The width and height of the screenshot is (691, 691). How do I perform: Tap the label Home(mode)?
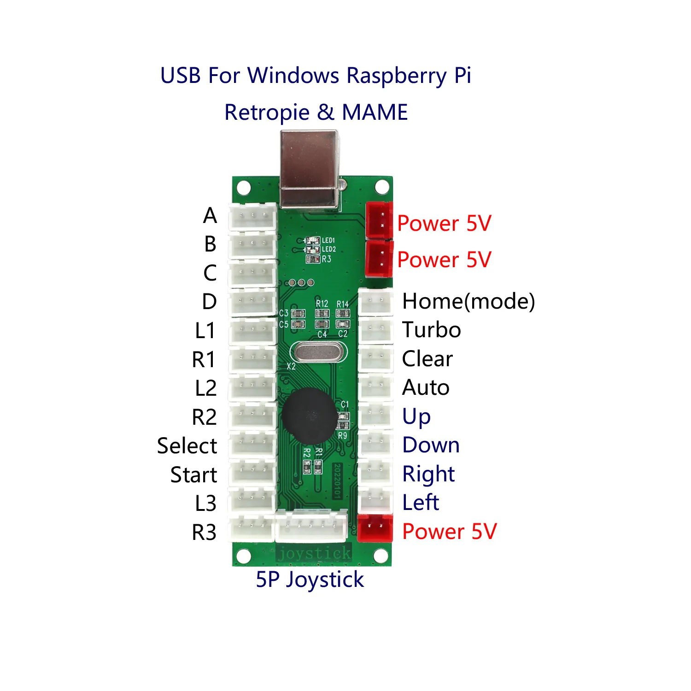point(468,302)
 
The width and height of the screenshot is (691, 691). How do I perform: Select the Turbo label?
point(431,330)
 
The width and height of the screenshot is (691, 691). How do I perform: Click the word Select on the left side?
point(187,446)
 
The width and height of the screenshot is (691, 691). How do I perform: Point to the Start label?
point(193,475)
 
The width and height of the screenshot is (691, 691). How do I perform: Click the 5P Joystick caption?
point(310,580)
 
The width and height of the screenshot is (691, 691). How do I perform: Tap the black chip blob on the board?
point(310,416)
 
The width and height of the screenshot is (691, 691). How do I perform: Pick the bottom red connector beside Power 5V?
point(375,528)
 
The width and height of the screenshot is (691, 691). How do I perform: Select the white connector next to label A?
point(253,217)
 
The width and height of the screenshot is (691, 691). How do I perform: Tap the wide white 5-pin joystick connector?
point(311,526)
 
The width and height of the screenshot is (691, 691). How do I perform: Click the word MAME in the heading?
point(375,112)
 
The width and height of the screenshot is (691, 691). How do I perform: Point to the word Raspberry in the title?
point(397,76)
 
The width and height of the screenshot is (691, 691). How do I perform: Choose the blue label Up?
point(416,416)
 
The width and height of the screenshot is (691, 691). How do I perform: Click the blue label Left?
point(421,503)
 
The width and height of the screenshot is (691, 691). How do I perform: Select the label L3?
point(205,504)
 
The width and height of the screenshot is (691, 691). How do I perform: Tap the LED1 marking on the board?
point(328,240)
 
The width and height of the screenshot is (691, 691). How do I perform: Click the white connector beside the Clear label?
point(376,358)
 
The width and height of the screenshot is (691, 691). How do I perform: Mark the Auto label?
point(426,388)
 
